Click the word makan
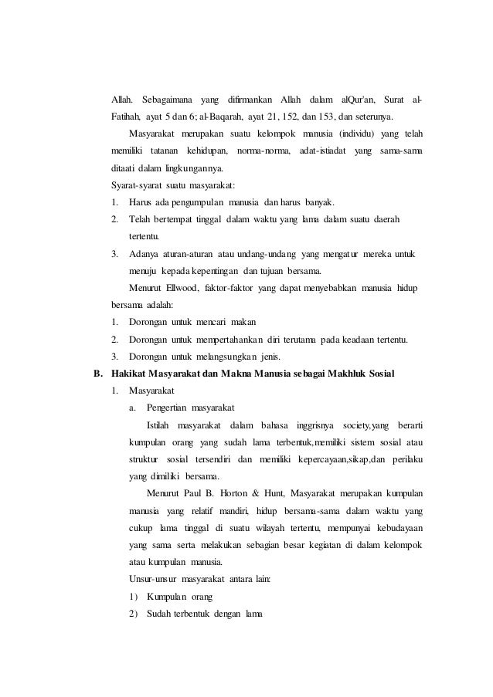(243, 322)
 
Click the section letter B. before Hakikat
(97, 374)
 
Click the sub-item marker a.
(134, 408)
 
